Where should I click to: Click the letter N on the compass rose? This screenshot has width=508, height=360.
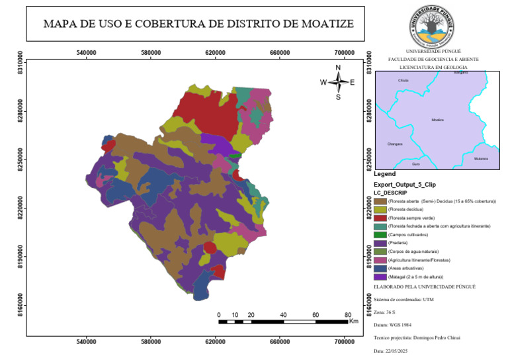pyautogui.click(x=339, y=67)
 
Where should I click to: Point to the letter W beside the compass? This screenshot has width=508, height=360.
pyautogui.click(x=323, y=83)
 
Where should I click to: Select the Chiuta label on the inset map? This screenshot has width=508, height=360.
pyautogui.click(x=403, y=81)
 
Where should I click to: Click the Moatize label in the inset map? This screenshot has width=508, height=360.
pyautogui.click(x=437, y=120)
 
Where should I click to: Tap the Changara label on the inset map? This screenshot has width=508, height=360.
pyautogui.click(x=394, y=144)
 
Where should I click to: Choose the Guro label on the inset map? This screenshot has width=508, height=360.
pyautogui.click(x=415, y=163)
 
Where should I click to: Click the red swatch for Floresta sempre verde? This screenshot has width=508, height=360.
pyautogui.click(x=380, y=218)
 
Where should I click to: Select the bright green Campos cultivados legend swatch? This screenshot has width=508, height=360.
pyautogui.click(x=380, y=235)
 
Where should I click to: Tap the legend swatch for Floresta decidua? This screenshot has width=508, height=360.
pyautogui.click(x=380, y=209)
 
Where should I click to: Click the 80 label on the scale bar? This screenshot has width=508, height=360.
pyautogui.click(x=348, y=314)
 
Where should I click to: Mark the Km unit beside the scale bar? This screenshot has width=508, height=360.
pyautogui.click(x=354, y=322)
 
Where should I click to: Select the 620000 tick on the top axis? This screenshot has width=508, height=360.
pyautogui.click(x=216, y=53)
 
